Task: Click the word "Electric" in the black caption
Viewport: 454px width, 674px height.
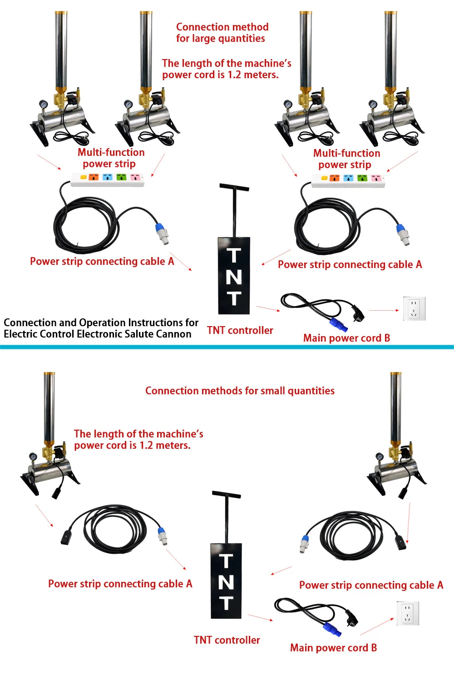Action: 18,334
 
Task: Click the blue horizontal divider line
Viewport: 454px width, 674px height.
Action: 227,347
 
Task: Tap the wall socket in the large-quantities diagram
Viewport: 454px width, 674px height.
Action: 415,309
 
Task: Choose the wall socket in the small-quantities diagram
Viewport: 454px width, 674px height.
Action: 408,613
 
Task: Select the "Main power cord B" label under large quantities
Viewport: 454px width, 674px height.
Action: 346,338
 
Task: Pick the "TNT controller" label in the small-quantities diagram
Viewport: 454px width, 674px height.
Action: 227,640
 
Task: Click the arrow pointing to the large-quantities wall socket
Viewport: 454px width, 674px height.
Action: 384,310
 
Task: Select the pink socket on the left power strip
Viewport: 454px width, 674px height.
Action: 136,177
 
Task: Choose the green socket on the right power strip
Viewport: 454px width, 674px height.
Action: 362,178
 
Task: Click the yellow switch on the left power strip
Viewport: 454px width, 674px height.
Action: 84,177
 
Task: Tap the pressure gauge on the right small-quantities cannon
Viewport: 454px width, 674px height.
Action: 380,457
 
